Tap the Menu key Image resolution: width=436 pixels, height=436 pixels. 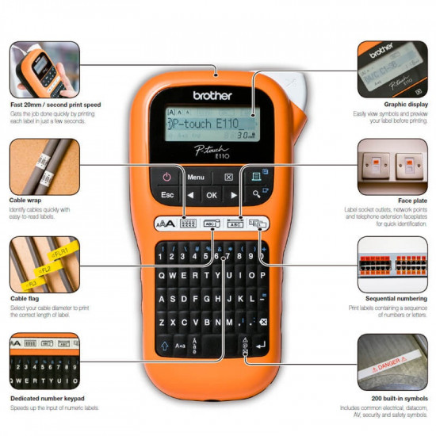click(196, 177)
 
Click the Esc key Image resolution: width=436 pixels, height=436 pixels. click(167, 194)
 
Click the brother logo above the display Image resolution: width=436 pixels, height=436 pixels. click(212, 96)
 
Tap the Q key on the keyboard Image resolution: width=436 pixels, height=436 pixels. click(162, 277)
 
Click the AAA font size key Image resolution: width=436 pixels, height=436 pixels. click(163, 224)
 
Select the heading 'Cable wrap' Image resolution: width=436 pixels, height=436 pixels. click(27, 201)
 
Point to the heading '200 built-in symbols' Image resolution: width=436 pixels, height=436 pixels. click(388, 398)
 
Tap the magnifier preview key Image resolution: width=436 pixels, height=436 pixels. click(257, 194)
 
